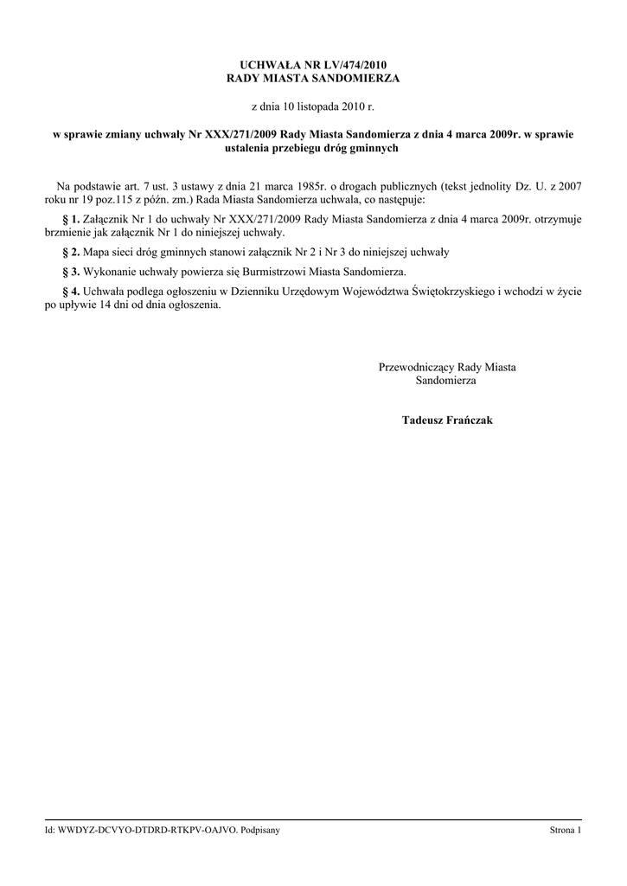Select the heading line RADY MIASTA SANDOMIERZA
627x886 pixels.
pyautogui.click(x=313, y=78)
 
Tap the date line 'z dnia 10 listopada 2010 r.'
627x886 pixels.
pyautogui.click(x=313, y=106)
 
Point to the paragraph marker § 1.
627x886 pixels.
pyautogui.click(x=71, y=220)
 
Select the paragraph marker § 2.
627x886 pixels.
pyautogui.click(x=71, y=252)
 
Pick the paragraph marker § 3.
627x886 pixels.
pyautogui.click(x=71, y=272)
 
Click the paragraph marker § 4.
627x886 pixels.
pyautogui.click(x=71, y=292)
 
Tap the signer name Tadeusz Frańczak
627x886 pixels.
pyautogui.click(x=447, y=420)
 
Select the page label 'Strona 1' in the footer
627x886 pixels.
pyautogui.click(x=566, y=831)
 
